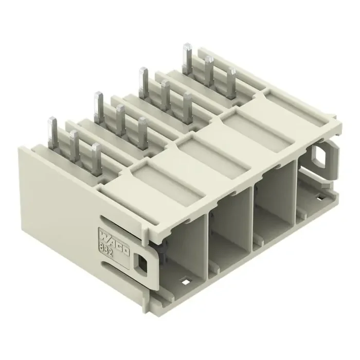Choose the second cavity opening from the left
(231, 221)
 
